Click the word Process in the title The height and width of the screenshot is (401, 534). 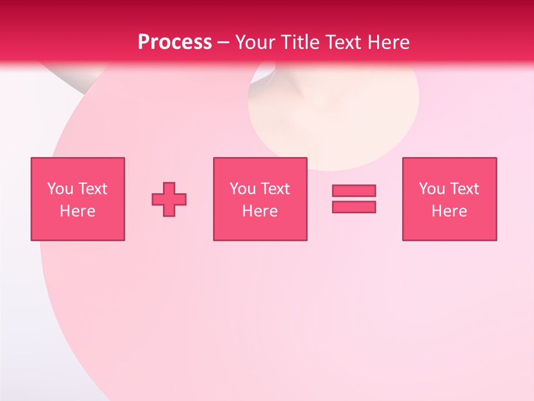[x=175, y=42]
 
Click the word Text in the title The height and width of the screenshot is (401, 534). [x=343, y=42]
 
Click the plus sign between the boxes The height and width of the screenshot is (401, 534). [x=169, y=199]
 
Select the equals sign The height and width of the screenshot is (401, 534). [x=354, y=199]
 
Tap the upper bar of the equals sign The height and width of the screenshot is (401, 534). [x=354, y=191]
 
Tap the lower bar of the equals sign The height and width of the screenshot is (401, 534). [x=354, y=207]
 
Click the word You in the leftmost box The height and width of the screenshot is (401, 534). [x=60, y=189]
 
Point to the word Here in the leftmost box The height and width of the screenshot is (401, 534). [x=77, y=211]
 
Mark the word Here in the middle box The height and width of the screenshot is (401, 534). [x=260, y=211]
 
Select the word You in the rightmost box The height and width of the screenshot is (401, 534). [x=432, y=189]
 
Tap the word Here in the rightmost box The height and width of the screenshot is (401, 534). [x=449, y=211]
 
